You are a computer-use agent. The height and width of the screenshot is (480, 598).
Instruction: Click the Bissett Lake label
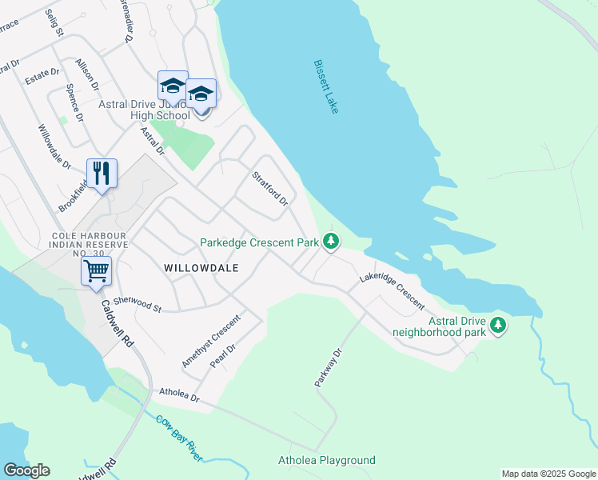tap(326, 86)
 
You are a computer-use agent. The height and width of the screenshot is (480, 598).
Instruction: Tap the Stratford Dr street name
tap(269, 190)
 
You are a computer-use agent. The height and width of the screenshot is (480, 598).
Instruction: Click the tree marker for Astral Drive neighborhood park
tap(498, 324)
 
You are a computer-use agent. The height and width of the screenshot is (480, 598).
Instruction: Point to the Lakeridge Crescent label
tap(391, 287)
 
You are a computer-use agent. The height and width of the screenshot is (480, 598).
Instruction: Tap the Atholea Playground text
tap(326, 460)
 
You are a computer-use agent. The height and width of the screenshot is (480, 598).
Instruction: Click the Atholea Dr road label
tap(178, 394)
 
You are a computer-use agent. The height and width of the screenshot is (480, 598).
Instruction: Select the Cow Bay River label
tap(179, 438)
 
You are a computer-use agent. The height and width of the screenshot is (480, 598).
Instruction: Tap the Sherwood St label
tap(137, 303)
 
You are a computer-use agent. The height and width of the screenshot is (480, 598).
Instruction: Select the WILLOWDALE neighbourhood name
tap(202, 268)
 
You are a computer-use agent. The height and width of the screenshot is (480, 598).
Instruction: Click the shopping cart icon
tap(96, 271)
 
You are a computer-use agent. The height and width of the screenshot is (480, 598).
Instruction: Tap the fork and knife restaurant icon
tap(102, 174)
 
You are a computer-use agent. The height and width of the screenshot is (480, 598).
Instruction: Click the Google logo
tap(26, 470)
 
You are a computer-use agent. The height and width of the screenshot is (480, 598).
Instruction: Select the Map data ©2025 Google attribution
tap(548, 474)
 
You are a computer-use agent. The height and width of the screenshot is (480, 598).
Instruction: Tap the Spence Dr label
tap(74, 102)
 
